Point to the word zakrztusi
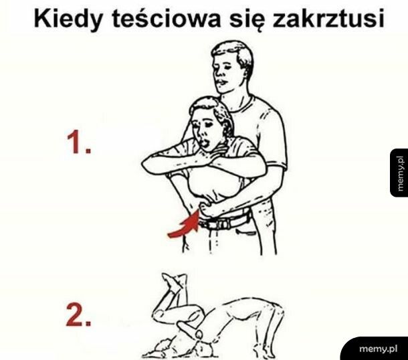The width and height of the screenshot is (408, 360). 331,20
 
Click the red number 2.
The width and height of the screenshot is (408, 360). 78,316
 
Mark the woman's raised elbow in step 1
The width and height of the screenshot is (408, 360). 148,161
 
